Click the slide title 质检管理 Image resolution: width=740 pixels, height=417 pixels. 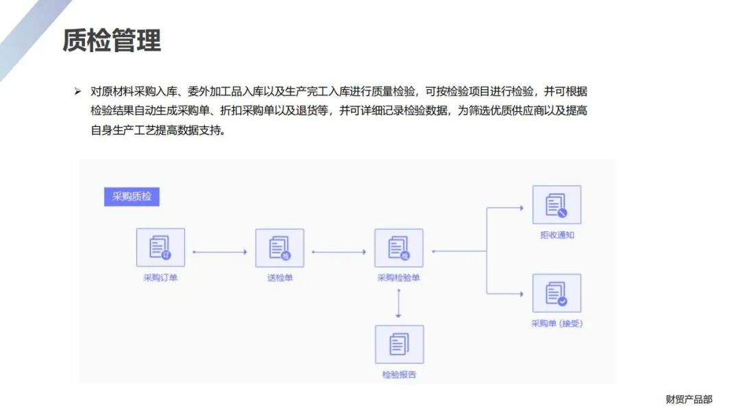pos(112,40)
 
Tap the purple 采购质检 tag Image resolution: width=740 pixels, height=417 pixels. pos(132,197)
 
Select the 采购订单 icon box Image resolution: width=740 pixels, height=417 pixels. pos(160,248)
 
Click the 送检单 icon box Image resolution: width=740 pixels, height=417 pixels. pos(280,248)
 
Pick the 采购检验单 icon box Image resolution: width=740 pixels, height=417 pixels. pos(399,248)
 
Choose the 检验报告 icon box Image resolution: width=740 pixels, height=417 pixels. pos(399,344)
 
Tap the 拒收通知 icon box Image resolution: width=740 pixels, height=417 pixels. pos(556,204)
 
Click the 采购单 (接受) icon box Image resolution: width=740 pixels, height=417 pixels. pos(556,293)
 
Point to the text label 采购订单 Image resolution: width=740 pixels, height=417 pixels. pos(160,278)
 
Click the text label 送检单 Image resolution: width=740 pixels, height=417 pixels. pos(280,278)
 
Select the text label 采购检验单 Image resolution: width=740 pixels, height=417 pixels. pos(399,278)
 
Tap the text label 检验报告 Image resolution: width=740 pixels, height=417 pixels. pos(399,374)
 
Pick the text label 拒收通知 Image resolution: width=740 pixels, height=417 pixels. pos(556,235)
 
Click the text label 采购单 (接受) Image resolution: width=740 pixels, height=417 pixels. pos(556,323)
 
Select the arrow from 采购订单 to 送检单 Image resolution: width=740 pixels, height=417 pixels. pos(219,252)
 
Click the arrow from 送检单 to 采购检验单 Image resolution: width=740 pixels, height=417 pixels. pos(338,252)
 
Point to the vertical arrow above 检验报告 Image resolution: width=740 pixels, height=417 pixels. pos(398,304)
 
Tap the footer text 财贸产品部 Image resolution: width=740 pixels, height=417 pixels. pos(689,399)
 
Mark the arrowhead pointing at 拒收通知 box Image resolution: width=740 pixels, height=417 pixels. pos(521,207)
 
